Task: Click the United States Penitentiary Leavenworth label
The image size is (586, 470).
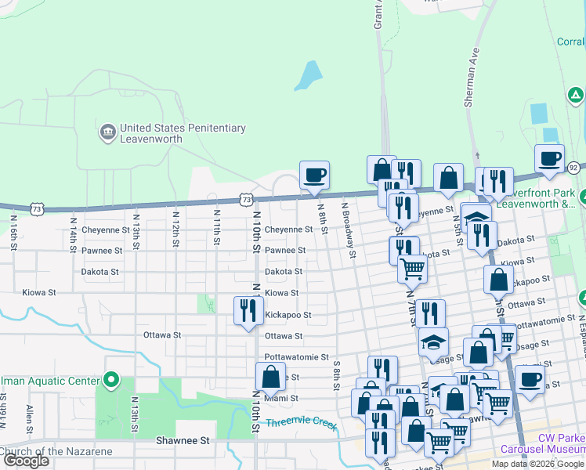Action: point(183,134)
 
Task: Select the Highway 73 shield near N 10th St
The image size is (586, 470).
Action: point(247,200)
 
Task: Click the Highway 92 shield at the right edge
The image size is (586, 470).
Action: point(573,167)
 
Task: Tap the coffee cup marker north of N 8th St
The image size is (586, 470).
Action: point(314,175)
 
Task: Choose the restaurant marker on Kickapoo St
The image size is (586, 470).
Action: point(248,311)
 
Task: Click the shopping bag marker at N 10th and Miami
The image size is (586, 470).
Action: point(270,377)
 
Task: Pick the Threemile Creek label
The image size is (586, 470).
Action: point(300,424)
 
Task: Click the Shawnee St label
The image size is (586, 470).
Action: point(183,441)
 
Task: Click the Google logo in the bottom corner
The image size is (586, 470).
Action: point(26,461)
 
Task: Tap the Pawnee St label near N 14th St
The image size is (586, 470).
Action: point(102,251)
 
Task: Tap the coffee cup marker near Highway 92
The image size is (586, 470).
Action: point(549,158)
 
